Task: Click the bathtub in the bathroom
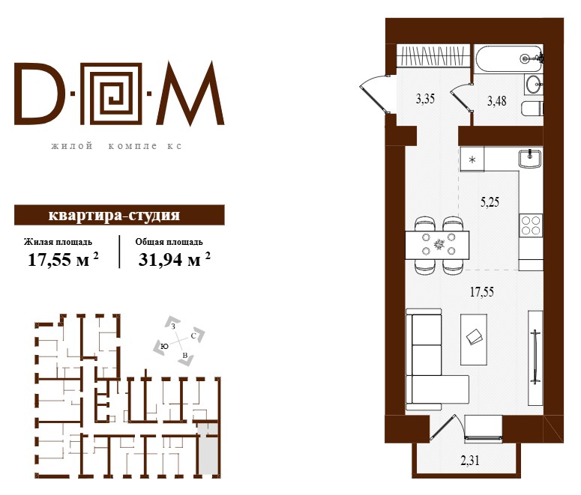point(508,58)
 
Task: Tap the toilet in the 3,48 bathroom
point(532,109)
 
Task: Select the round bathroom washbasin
point(534,85)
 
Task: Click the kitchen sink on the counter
point(530,159)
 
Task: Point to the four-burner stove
point(531,225)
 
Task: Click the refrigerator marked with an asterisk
point(472,160)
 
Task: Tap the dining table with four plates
point(437,245)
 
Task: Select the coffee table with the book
point(474,339)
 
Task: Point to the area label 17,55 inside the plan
point(482,292)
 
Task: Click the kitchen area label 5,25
point(490,202)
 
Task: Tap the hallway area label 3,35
point(425,99)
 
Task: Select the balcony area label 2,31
point(470,461)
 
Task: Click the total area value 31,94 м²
point(174,259)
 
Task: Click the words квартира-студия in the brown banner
point(114,215)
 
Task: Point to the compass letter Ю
point(164,346)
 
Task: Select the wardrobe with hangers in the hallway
point(433,56)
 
